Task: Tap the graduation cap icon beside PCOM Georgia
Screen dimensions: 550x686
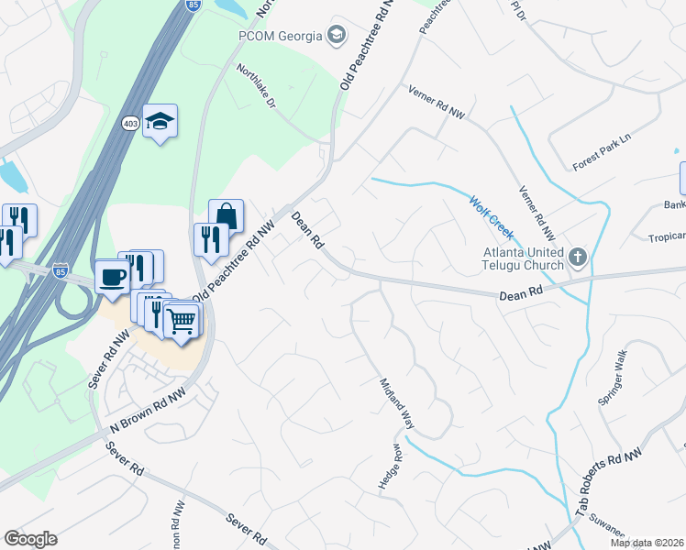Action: point(337,36)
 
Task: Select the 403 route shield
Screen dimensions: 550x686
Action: point(130,123)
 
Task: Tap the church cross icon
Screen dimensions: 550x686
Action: point(577,257)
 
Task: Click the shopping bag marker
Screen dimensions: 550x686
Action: point(226,217)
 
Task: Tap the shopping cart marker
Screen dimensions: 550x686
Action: point(183,321)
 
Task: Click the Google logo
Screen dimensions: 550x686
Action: point(30,539)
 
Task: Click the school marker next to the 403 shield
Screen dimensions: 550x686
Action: point(160,121)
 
